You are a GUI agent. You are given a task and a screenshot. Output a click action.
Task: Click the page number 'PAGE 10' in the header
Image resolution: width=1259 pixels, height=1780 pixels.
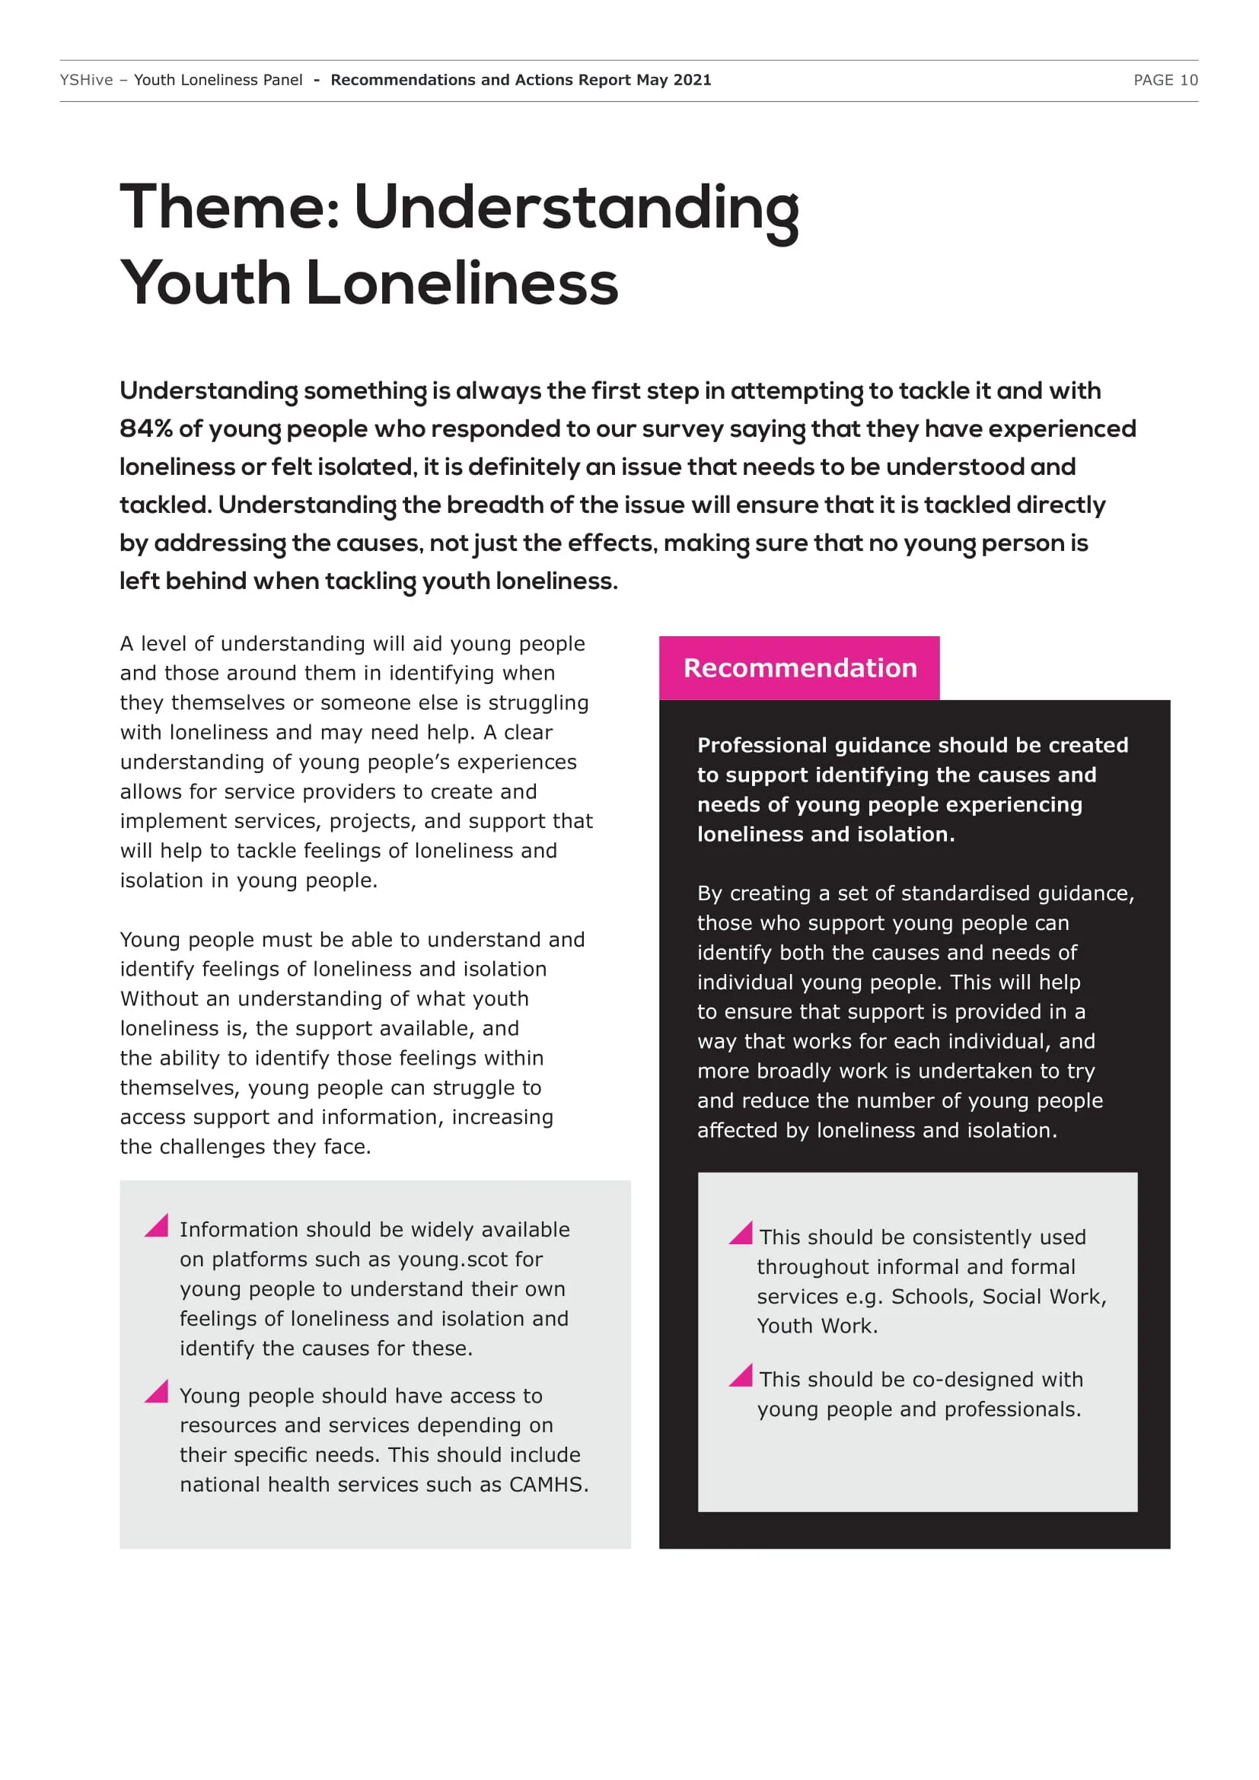(x=1165, y=80)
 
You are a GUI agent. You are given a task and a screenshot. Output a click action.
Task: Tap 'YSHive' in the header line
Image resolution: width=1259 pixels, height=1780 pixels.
(x=86, y=80)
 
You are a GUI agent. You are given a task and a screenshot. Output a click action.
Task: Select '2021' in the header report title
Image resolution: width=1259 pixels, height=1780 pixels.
(x=691, y=80)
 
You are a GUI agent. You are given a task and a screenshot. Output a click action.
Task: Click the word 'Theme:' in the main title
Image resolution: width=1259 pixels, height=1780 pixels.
(x=229, y=207)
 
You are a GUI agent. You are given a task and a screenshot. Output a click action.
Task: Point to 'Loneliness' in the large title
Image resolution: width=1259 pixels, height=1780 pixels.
(x=462, y=283)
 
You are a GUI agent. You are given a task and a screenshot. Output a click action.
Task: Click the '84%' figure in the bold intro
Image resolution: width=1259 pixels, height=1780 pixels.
(x=145, y=428)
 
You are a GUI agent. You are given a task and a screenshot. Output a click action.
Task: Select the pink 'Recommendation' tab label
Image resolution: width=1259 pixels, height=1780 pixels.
(x=800, y=667)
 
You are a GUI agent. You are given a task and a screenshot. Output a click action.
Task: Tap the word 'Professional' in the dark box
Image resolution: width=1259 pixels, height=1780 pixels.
(x=762, y=745)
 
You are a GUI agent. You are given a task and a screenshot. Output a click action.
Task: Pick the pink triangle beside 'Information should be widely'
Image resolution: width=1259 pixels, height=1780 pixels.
(x=158, y=1226)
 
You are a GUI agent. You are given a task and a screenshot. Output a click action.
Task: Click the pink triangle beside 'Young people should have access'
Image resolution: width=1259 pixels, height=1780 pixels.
(x=158, y=1392)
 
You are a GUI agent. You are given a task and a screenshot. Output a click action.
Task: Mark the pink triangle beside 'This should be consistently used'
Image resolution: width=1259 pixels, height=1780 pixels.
(x=742, y=1233)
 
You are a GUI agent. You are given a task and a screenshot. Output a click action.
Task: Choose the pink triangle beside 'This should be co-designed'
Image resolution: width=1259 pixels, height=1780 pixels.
(x=742, y=1375)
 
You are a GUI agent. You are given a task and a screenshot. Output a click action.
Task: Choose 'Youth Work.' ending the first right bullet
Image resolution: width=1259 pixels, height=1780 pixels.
(x=817, y=1326)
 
